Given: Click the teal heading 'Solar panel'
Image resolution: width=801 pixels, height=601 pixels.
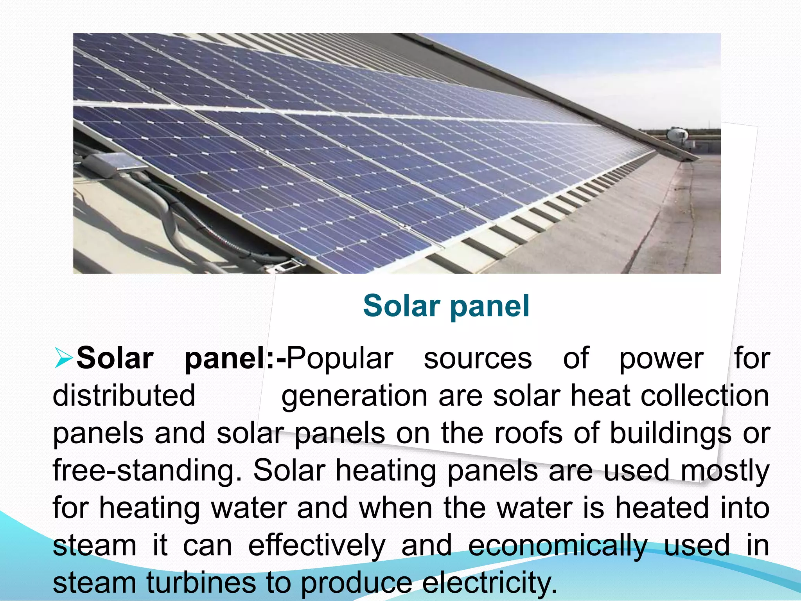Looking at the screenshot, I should [x=446, y=306].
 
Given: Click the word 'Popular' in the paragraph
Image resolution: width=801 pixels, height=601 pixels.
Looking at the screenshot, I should [x=340, y=358].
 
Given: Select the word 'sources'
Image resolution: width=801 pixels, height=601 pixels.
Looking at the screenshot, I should [x=478, y=358].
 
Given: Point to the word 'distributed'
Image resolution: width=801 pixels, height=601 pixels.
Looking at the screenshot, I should [x=124, y=396].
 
